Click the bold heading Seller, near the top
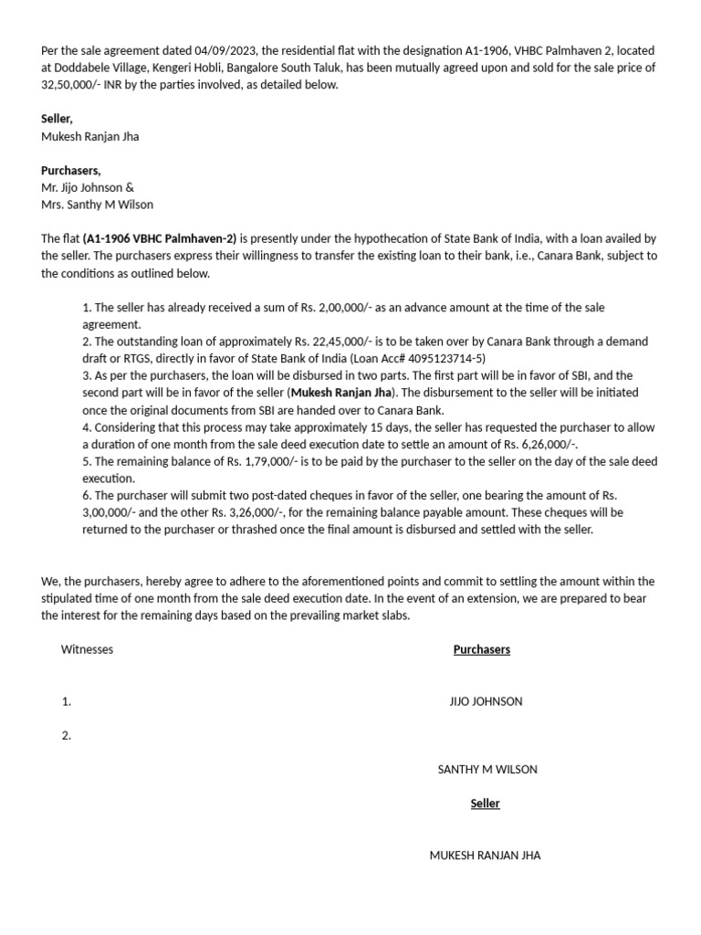point(57,119)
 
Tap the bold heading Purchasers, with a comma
point(70,170)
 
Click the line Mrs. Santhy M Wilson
point(97,205)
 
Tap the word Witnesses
point(87,649)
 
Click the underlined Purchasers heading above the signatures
point(481,649)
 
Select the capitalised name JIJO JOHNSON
point(486,701)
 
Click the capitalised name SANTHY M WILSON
point(487,769)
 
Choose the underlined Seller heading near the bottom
point(485,804)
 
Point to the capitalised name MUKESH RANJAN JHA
point(485,856)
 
